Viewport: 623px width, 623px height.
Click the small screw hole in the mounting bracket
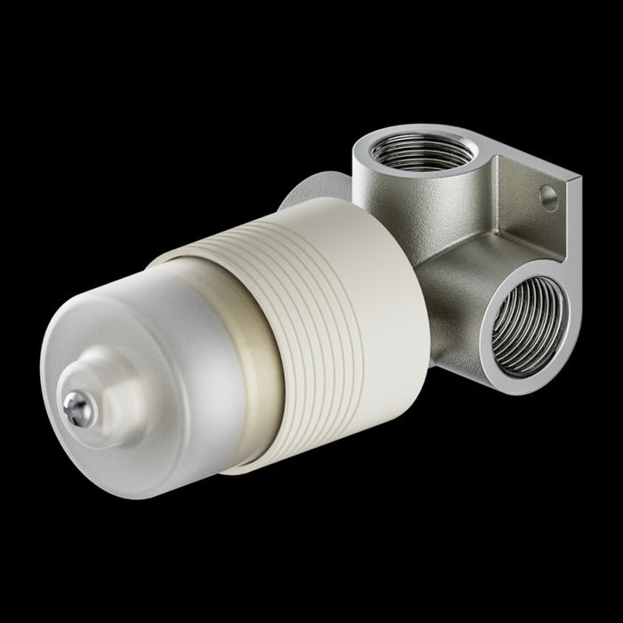point(548,198)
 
